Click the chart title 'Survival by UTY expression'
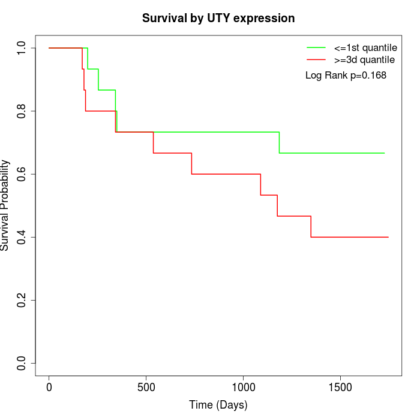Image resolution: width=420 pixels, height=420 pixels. (218, 19)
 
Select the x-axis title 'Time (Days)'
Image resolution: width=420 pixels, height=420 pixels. (218, 405)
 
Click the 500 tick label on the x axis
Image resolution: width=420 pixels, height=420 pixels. (146, 386)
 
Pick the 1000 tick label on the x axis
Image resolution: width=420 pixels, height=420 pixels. (244, 386)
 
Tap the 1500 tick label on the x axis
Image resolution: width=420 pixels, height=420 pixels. (341, 386)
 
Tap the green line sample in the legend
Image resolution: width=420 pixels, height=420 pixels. (316, 47)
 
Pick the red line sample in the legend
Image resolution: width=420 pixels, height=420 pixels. (316, 59)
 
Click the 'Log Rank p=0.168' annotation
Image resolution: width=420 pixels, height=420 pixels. (346, 75)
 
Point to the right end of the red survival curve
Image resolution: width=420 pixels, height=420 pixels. (388, 237)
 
